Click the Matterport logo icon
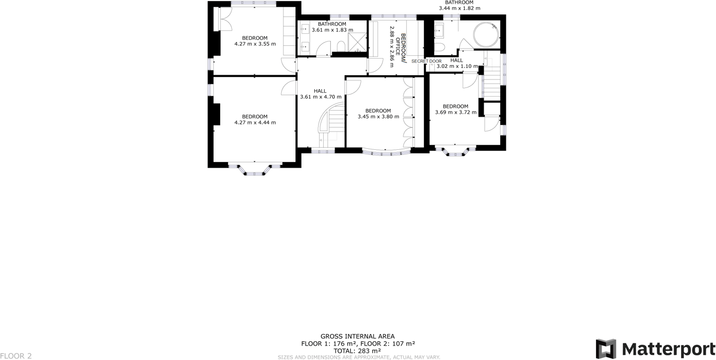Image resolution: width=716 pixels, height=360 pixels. point(605,349)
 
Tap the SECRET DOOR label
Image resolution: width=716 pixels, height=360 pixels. point(426,61)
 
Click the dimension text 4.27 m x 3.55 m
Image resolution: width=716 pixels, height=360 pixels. point(255,44)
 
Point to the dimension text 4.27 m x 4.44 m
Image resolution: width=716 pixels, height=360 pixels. point(255,123)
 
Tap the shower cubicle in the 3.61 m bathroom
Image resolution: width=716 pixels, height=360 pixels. point(357,41)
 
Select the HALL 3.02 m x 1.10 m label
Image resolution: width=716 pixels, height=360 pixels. point(456,64)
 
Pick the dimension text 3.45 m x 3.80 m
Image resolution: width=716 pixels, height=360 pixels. point(378,117)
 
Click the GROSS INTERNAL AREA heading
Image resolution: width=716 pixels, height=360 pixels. point(357,336)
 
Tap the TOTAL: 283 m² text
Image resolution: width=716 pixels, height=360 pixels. point(357,351)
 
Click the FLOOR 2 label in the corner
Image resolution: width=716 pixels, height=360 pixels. point(16,356)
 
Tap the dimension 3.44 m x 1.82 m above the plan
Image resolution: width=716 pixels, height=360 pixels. point(459,8)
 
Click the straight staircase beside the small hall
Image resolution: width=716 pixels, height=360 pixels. point(492,77)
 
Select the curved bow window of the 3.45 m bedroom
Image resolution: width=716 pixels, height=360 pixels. point(386,152)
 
